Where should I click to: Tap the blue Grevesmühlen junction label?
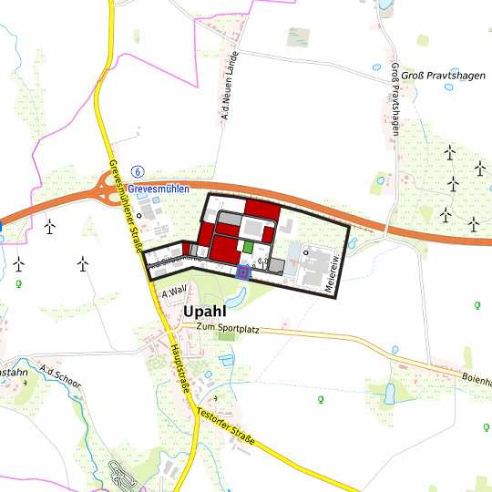159,189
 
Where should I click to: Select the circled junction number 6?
138,171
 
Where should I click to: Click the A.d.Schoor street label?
60,379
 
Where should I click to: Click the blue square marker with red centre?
242,271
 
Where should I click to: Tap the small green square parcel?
247,246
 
